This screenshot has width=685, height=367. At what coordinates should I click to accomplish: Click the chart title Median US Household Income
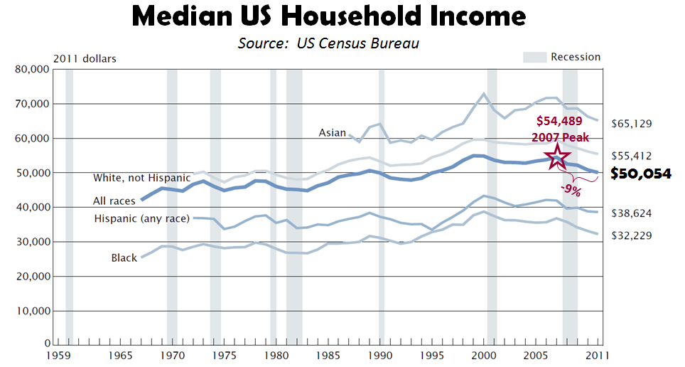[x=328, y=18]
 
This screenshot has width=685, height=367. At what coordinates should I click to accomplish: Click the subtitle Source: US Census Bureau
[x=328, y=43]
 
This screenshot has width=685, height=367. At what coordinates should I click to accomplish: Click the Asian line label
[x=332, y=132]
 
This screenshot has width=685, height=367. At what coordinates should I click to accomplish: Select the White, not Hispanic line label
[x=141, y=177]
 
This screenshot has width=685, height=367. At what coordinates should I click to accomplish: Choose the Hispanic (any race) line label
[x=141, y=218]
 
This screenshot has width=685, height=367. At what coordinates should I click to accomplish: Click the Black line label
[x=124, y=257]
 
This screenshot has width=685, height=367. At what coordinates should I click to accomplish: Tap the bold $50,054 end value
[x=641, y=174]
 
